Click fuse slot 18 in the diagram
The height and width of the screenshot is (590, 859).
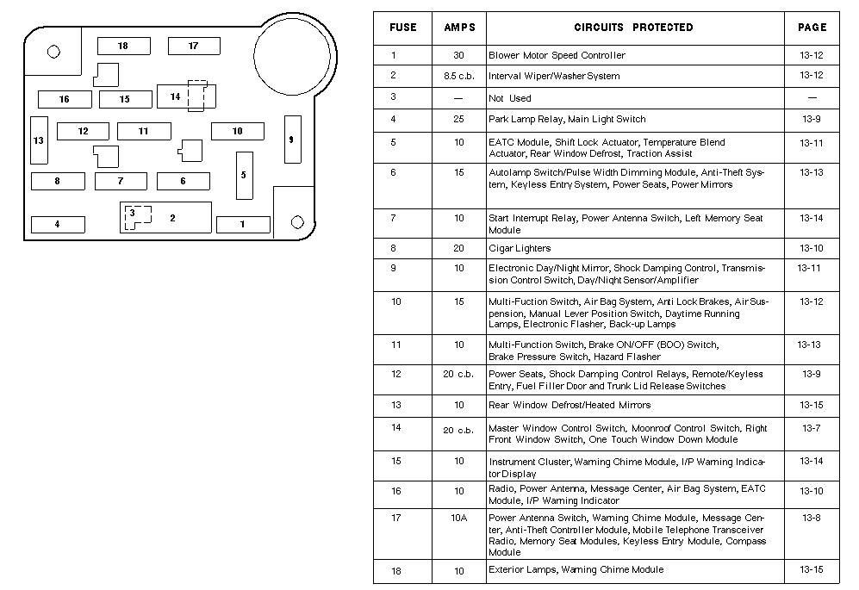click(123, 46)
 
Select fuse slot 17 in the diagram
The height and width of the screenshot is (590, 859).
click(193, 46)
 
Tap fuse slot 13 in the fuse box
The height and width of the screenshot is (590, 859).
click(39, 140)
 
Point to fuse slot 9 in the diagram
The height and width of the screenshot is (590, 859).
click(292, 140)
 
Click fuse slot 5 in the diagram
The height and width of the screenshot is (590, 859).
click(244, 175)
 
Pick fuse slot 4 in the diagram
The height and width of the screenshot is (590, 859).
click(58, 225)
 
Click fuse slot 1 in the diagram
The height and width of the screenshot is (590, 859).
click(243, 225)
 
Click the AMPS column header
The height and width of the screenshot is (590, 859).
click(459, 28)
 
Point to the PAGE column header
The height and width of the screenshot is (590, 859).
click(812, 28)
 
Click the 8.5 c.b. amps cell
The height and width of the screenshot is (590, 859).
click(458, 76)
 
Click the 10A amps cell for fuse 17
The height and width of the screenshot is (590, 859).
click(458, 518)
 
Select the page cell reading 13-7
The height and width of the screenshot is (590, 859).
click(812, 428)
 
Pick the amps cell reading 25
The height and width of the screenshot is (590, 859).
click(458, 119)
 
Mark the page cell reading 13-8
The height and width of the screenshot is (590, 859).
click(812, 518)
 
